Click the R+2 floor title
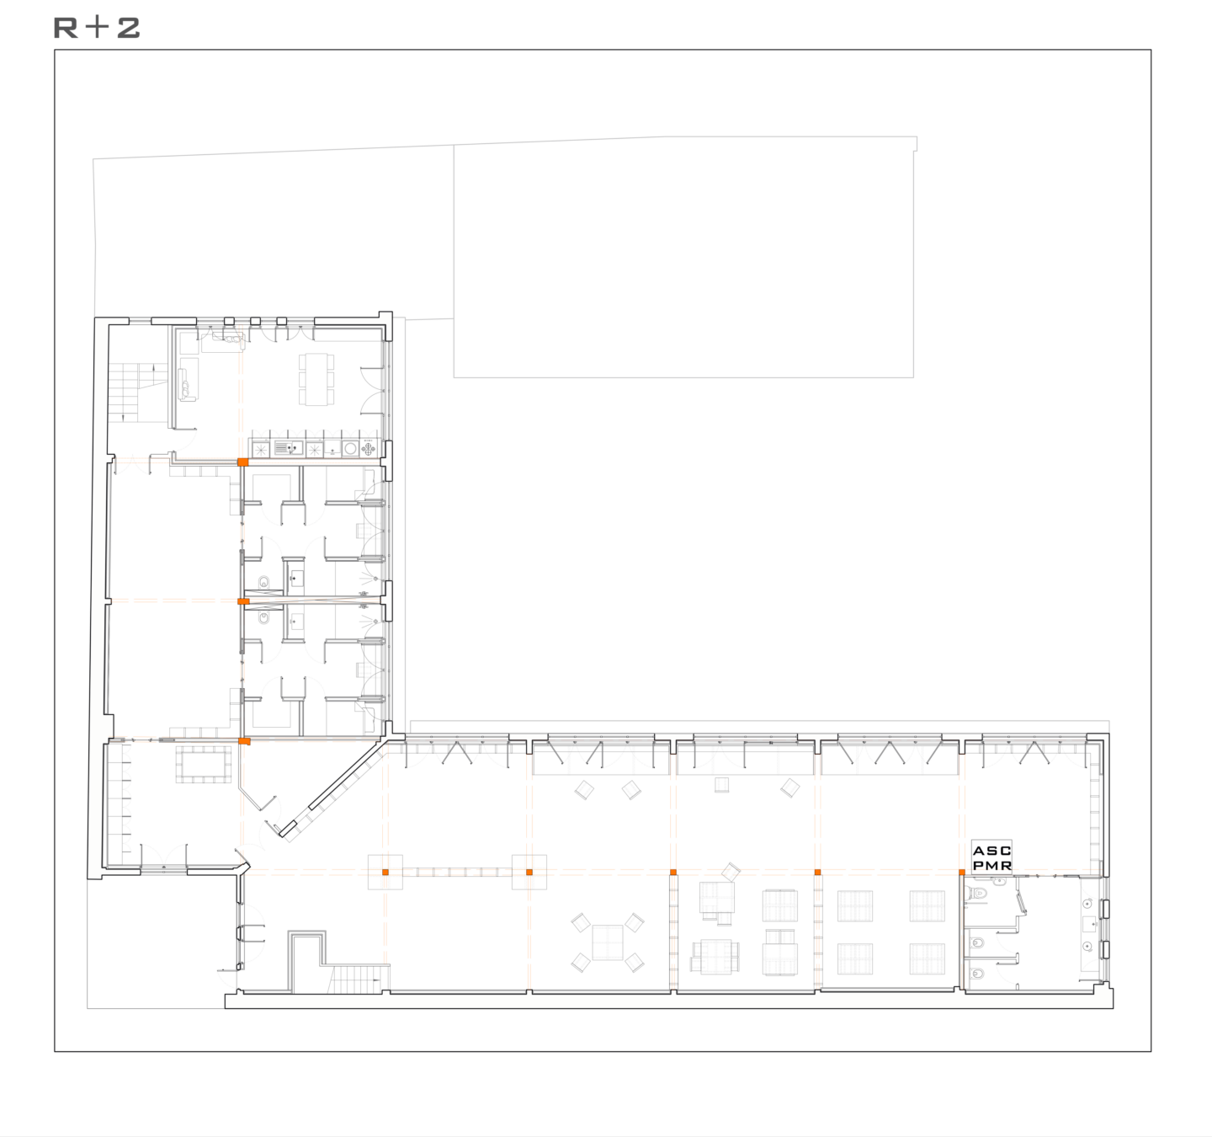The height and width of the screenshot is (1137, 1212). (x=97, y=28)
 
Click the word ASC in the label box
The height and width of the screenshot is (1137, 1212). (x=991, y=851)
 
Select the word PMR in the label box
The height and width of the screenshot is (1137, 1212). (x=991, y=865)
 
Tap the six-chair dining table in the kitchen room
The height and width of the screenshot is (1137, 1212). (x=316, y=379)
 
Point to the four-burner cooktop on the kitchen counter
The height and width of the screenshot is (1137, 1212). (x=369, y=449)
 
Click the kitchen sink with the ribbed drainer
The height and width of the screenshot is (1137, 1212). (x=289, y=448)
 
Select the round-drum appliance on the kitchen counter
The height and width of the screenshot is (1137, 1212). (x=350, y=449)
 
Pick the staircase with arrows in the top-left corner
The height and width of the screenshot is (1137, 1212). (x=139, y=392)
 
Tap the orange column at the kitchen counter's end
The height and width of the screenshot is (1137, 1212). (x=243, y=462)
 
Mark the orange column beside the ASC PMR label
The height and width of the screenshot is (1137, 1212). (x=962, y=873)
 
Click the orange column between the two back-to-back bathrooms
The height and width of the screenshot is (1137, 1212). (x=243, y=602)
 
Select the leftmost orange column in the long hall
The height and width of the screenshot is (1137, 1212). (x=385, y=873)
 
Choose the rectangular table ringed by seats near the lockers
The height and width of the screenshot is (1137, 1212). (x=203, y=764)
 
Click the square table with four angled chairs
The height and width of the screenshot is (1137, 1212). (x=607, y=942)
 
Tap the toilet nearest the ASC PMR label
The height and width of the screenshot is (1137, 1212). (x=978, y=894)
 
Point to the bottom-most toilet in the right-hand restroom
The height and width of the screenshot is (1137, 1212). (x=977, y=974)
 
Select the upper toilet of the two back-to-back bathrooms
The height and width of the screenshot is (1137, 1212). (x=263, y=581)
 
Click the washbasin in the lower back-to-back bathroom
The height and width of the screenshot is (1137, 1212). (x=296, y=622)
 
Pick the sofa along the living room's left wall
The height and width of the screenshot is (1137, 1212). (x=188, y=379)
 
